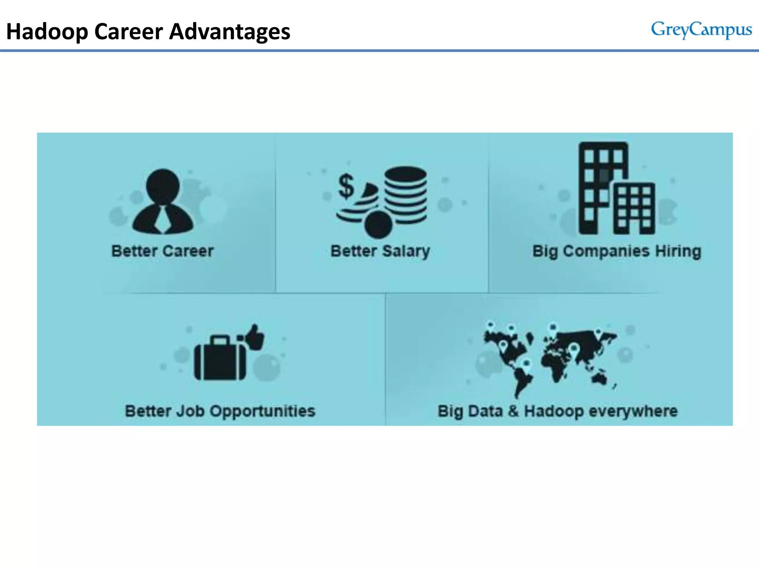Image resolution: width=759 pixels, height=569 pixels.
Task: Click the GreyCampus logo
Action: point(701,30)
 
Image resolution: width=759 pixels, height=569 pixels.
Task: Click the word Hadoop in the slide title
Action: point(47,32)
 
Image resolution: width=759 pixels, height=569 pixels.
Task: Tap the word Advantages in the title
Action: point(230,32)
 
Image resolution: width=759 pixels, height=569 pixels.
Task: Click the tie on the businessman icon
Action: point(162,219)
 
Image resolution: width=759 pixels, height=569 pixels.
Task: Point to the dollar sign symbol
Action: point(346,186)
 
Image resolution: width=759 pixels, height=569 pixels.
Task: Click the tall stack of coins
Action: point(405,195)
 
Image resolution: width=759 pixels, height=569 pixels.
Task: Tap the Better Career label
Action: point(163,251)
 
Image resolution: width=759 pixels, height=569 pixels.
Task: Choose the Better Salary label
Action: point(380,251)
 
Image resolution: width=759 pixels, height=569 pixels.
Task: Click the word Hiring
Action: point(678,251)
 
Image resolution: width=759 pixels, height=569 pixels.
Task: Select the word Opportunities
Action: point(263,411)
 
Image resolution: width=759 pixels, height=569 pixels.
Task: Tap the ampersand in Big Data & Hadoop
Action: point(513,411)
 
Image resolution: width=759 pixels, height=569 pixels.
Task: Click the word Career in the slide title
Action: point(129,32)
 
